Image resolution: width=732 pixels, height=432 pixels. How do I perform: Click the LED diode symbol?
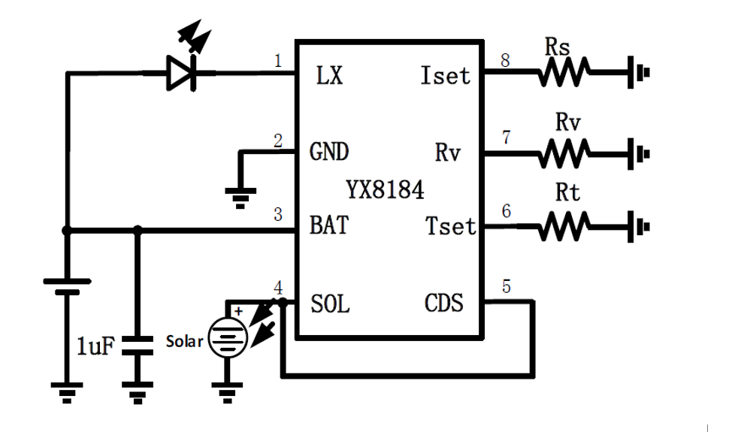[181, 73]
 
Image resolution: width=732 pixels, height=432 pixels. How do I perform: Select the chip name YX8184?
[385, 190]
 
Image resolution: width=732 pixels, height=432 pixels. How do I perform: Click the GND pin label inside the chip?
[329, 152]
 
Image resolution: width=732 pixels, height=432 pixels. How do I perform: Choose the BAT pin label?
[328, 225]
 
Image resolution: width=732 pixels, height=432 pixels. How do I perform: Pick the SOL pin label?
[330, 304]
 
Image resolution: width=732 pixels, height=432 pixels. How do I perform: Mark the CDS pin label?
[443, 304]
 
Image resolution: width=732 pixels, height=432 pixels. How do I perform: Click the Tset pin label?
[450, 225]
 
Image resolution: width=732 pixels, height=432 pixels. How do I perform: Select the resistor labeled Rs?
[564, 73]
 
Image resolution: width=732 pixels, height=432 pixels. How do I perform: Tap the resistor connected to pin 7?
[564, 154]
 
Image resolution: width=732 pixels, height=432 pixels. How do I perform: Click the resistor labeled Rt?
[564, 226]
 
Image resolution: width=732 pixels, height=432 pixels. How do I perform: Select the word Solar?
[184, 341]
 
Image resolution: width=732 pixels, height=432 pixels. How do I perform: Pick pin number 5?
[506, 286]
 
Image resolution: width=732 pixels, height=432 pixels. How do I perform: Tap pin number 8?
[505, 60]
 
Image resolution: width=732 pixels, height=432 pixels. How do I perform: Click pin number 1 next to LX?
[278, 60]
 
